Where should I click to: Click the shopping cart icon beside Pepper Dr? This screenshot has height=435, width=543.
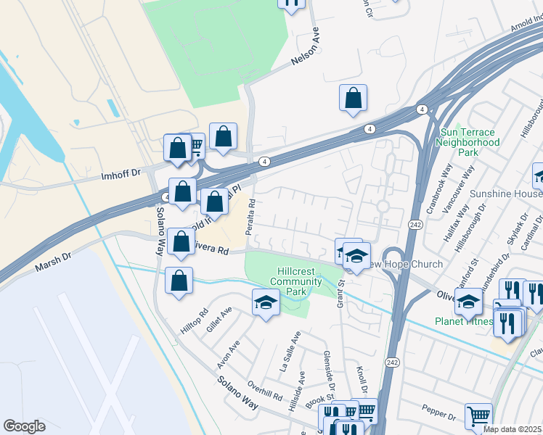pos(478,416)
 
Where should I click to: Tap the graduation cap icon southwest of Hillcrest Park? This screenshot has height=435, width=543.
pos(266,302)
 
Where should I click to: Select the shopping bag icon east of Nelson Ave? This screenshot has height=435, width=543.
pos(353,99)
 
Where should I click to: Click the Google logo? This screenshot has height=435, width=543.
pos(24,426)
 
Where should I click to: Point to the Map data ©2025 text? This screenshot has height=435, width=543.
pos(513,429)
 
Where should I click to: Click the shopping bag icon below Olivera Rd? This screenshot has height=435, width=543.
pos(179,281)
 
